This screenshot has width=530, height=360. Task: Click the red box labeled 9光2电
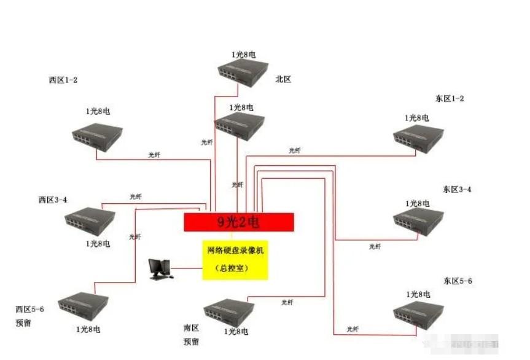click(239, 222)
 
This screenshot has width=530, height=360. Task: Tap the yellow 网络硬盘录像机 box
click(235, 259)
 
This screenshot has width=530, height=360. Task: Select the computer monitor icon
click(159, 269)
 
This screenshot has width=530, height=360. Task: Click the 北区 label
click(283, 79)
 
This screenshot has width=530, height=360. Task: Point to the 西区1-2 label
click(63, 80)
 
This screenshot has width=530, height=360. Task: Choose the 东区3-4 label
click(457, 189)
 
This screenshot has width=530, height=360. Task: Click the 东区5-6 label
click(457, 281)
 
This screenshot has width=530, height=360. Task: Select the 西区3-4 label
click(52, 200)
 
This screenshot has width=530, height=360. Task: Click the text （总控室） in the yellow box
click(235, 268)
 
